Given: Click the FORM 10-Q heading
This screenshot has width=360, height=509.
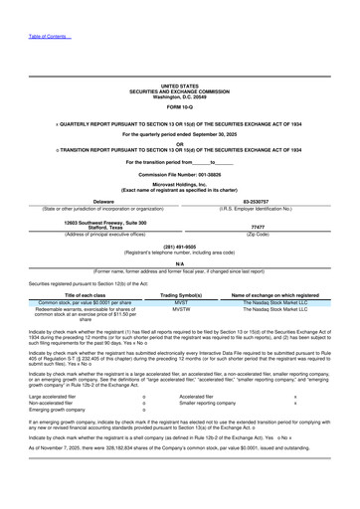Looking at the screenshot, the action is pos(179,107).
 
